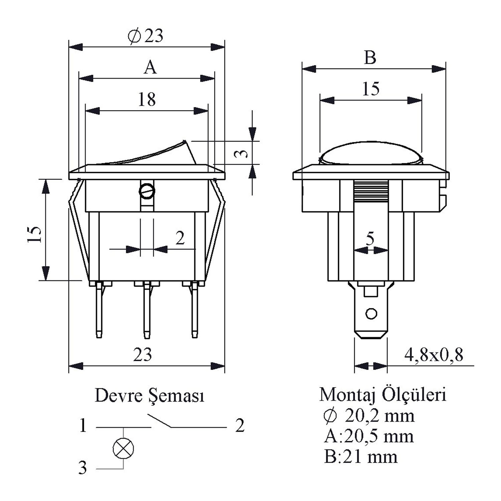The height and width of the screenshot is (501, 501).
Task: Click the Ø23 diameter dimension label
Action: click(146, 36)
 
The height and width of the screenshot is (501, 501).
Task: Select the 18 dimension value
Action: click(147, 99)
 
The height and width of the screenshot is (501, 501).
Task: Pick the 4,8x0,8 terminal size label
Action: click(434, 355)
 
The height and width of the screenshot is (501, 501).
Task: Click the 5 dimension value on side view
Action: click(370, 238)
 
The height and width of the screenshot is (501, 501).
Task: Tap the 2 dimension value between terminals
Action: click(180, 238)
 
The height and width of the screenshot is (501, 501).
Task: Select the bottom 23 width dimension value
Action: click(143, 354)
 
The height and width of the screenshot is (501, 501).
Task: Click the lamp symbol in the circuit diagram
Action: click(124, 448)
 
